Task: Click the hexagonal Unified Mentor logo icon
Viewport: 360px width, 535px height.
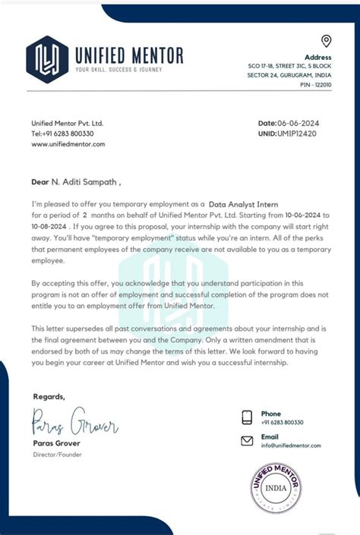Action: pyautogui.click(x=47, y=58)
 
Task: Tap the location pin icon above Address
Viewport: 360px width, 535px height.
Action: pyautogui.click(x=326, y=41)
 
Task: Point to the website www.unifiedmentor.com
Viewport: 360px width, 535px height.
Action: pyautogui.click(x=68, y=143)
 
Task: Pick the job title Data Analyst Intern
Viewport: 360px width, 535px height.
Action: pyautogui.click(x=244, y=205)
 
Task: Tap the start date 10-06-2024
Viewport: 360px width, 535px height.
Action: pyautogui.click(x=314, y=215)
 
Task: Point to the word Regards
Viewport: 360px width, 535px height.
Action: pyautogui.click(x=49, y=396)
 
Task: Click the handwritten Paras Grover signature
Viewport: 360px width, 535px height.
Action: pyautogui.click(x=74, y=421)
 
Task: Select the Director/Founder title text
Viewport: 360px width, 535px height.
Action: pyautogui.click(x=57, y=455)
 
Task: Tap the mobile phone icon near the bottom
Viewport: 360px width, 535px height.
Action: pyautogui.click(x=247, y=417)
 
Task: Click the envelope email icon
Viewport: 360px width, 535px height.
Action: pyautogui.click(x=247, y=441)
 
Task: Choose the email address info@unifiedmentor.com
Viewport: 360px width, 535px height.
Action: pyautogui.click(x=291, y=445)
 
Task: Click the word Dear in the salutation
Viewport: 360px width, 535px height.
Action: pyautogui.click(x=39, y=182)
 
